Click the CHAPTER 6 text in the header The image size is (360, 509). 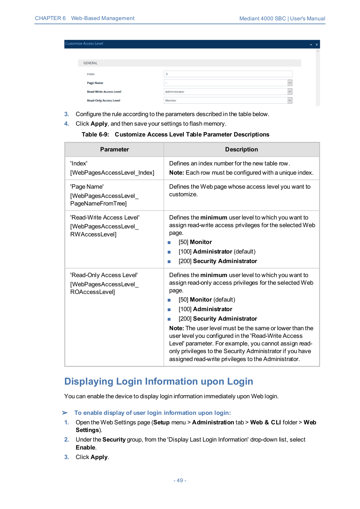coord(50,18)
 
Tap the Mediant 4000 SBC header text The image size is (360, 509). coord(262,18)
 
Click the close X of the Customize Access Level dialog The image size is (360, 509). coord(316,45)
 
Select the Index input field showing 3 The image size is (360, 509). coord(228,74)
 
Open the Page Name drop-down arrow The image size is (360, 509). coord(290,83)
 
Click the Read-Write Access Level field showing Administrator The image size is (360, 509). coord(225,92)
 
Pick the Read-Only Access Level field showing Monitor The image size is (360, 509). coord(225,101)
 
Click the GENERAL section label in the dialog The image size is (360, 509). coord(90,63)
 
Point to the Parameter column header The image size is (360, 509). coord(114,150)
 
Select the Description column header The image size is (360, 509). coord(241,150)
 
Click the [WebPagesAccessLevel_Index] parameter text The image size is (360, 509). coord(112,173)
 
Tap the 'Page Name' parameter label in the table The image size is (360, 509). coord(87,187)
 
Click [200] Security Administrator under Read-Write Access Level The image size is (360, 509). coord(218,261)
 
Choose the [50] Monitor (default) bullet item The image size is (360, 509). coord(207,300)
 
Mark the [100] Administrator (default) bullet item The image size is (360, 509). coord(217,252)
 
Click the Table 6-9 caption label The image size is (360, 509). coord(95,135)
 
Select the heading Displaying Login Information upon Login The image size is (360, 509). coord(159,381)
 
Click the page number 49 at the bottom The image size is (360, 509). coord(180,480)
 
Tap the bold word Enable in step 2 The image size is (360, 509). coord(85,448)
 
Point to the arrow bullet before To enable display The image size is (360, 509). coord(65,413)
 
